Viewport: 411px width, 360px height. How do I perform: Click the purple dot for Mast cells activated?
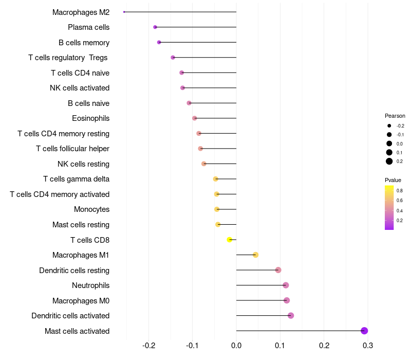[x=364, y=331]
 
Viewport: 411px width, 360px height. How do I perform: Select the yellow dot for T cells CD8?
[x=230, y=240]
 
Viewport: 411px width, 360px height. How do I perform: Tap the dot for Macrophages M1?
[x=255, y=255]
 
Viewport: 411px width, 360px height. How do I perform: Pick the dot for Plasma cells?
[x=155, y=27]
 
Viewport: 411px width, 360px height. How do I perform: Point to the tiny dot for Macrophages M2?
[x=124, y=12]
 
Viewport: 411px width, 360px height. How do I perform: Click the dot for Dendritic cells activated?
[x=291, y=316]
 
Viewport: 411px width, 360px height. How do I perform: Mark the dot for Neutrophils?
[x=286, y=285]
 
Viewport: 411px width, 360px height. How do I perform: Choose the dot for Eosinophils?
[x=195, y=118]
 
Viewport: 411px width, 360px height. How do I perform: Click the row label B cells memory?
[x=84, y=43]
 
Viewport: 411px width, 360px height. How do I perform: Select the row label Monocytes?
[x=91, y=209]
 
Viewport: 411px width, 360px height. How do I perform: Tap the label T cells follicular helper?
[x=72, y=149]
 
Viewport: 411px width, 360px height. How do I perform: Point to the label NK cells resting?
[x=83, y=164]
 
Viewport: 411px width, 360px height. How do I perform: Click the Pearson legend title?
[x=395, y=116]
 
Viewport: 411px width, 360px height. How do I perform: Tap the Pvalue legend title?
[x=393, y=180]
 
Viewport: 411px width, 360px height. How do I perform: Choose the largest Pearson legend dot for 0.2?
[x=389, y=161]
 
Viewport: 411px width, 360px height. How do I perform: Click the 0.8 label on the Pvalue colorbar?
[x=400, y=191]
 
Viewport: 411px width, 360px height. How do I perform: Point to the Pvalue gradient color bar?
[x=389, y=207]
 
